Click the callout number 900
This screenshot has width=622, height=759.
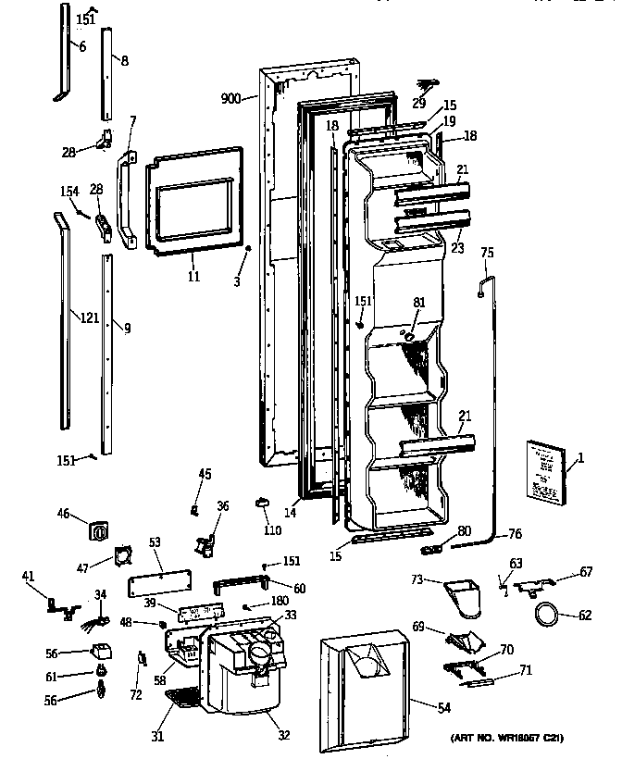coord(230,97)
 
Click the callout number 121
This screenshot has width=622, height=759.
coord(89,317)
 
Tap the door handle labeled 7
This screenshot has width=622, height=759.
coord(123,203)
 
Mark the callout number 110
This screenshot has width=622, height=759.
coord(271,531)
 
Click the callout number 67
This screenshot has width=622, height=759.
coord(586,572)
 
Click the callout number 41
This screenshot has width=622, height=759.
coord(28,578)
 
